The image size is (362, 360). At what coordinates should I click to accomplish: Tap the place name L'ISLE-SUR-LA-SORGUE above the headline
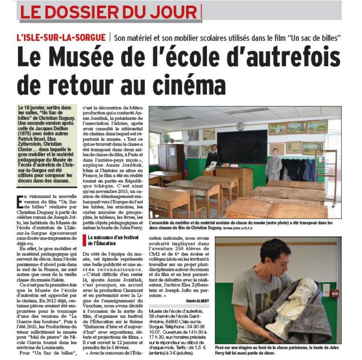point(61,38)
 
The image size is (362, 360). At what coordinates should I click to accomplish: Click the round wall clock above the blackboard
point(240,126)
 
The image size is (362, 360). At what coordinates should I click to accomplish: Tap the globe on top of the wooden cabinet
point(166,138)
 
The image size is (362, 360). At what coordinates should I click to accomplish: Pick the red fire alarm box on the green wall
point(334,293)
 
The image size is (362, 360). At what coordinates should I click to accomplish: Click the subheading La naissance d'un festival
point(108,240)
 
